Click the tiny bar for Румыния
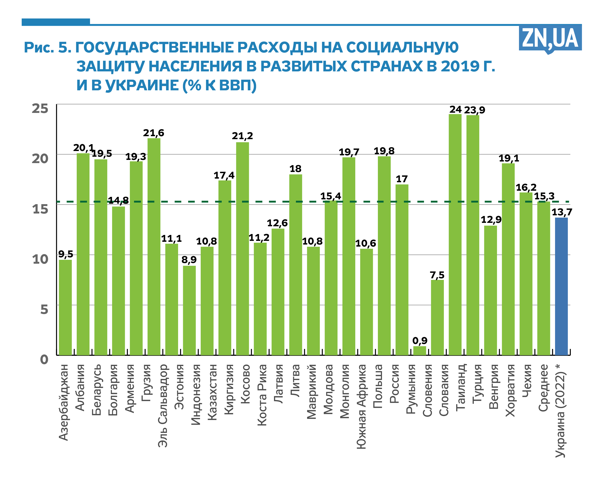tap(419, 351)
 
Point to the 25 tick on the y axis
tap(40, 108)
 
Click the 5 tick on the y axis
tap(44, 309)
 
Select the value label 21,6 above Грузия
tap(154, 133)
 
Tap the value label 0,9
tap(419, 341)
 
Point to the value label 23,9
tap(474, 110)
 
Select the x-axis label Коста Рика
tap(262, 395)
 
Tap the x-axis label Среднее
tap(543, 388)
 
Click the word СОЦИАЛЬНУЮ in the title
tap(402, 47)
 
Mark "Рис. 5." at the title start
tap(47, 47)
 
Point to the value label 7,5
tap(437, 275)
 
